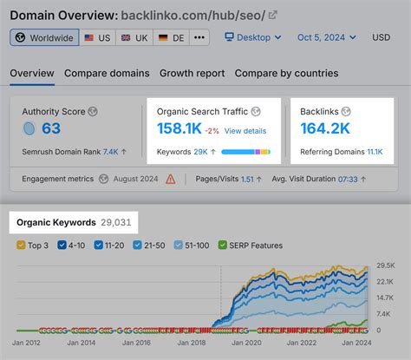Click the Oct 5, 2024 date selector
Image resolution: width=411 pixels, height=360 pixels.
[x=326, y=38]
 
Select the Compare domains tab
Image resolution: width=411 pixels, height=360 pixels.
[x=107, y=74]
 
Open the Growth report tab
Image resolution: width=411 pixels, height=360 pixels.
[x=192, y=74]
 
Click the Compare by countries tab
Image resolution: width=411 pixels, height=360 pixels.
[x=286, y=74]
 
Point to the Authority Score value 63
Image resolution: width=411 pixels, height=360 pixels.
[x=51, y=129]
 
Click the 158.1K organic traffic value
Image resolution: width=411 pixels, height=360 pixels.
[x=179, y=131]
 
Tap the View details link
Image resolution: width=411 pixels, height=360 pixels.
[x=245, y=131]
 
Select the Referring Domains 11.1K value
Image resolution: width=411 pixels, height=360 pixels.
[x=374, y=151]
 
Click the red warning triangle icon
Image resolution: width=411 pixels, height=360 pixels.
[x=171, y=180]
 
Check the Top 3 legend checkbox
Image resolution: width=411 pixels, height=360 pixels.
[x=22, y=245]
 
